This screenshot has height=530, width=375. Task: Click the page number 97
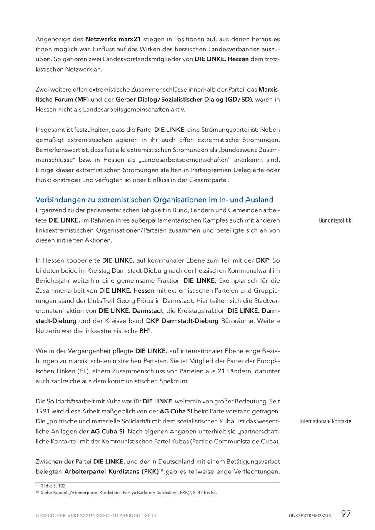click(x=345, y=514)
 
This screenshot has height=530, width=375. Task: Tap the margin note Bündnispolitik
click(x=335, y=220)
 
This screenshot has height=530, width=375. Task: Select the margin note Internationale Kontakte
click(x=325, y=421)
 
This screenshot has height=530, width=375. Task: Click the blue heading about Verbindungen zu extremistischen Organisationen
click(x=155, y=200)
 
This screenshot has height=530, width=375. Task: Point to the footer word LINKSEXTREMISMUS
click(x=310, y=515)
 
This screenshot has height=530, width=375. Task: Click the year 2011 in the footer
click(x=150, y=515)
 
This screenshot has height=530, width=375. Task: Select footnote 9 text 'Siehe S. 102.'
click(x=54, y=485)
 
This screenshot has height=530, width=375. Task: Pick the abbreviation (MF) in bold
click(x=82, y=99)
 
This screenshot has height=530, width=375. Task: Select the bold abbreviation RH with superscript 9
click(x=144, y=331)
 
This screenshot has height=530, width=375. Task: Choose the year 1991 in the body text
click(x=43, y=411)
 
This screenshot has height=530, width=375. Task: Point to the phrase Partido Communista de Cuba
click(x=234, y=441)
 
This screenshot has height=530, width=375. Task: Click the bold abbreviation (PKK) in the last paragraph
click(x=147, y=472)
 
